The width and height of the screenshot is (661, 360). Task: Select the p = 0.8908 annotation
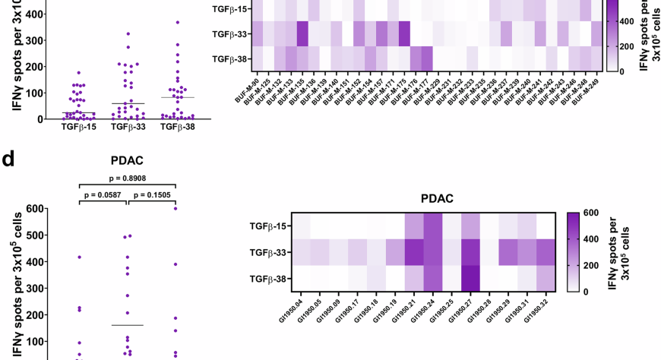click(127, 178)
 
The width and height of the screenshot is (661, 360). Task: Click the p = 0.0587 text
click(103, 195)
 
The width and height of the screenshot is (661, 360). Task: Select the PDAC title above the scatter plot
click(127, 160)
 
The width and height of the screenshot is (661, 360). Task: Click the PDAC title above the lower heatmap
click(437, 199)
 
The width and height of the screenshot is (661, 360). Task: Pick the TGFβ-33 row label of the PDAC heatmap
click(267, 252)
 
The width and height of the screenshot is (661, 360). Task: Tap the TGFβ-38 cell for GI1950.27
click(470, 279)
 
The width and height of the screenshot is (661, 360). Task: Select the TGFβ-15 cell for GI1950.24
click(432, 226)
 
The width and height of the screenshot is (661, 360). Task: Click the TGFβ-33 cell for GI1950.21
click(413, 252)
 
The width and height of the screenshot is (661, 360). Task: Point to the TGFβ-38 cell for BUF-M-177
click(427, 58)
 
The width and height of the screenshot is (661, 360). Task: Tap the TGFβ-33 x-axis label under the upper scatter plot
click(127, 127)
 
